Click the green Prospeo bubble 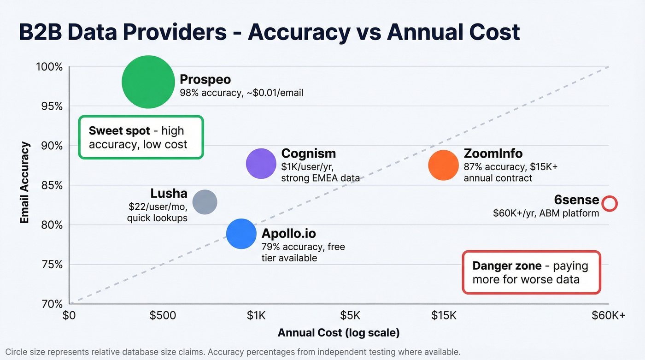[148, 82]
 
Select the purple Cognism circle [261, 163]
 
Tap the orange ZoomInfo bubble [443, 165]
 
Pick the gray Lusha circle [205, 202]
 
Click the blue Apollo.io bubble [241, 234]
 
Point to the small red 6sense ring [610, 203]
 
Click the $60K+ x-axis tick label [609, 316]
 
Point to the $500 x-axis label [163, 316]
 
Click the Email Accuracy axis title [25, 183]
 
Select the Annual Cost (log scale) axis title [339, 333]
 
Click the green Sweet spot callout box [141, 137]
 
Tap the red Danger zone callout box [531, 272]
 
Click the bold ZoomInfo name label [493, 153]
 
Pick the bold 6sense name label [576, 200]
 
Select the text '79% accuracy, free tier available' [303, 253]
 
